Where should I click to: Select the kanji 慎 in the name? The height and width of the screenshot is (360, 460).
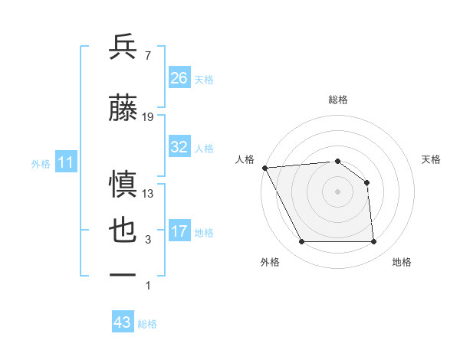click(123, 184)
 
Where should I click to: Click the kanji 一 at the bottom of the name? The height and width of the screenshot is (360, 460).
click(123, 273)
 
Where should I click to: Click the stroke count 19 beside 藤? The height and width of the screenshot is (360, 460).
click(148, 117)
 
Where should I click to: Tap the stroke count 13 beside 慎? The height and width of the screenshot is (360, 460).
click(148, 193)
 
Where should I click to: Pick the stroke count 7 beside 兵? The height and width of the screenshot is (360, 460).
click(147, 55)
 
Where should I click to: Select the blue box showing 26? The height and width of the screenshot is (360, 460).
click(179, 78)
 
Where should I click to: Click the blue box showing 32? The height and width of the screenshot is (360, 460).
click(179, 147)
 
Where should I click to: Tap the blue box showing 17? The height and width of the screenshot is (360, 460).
click(179, 231)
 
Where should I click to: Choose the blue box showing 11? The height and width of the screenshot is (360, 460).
click(66, 162)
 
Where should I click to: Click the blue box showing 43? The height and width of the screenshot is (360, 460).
click(123, 322)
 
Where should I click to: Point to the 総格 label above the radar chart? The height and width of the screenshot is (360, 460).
click(338, 100)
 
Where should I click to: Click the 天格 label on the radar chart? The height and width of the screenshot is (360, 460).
click(432, 159)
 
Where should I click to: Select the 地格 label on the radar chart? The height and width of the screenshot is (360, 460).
click(402, 262)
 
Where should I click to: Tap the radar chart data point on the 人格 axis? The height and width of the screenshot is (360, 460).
click(264, 168)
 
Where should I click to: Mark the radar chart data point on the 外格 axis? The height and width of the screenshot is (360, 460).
click(301, 242)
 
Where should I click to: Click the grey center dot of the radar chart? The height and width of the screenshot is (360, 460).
click(338, 191)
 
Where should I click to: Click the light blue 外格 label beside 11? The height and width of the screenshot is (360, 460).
click(41, 163)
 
